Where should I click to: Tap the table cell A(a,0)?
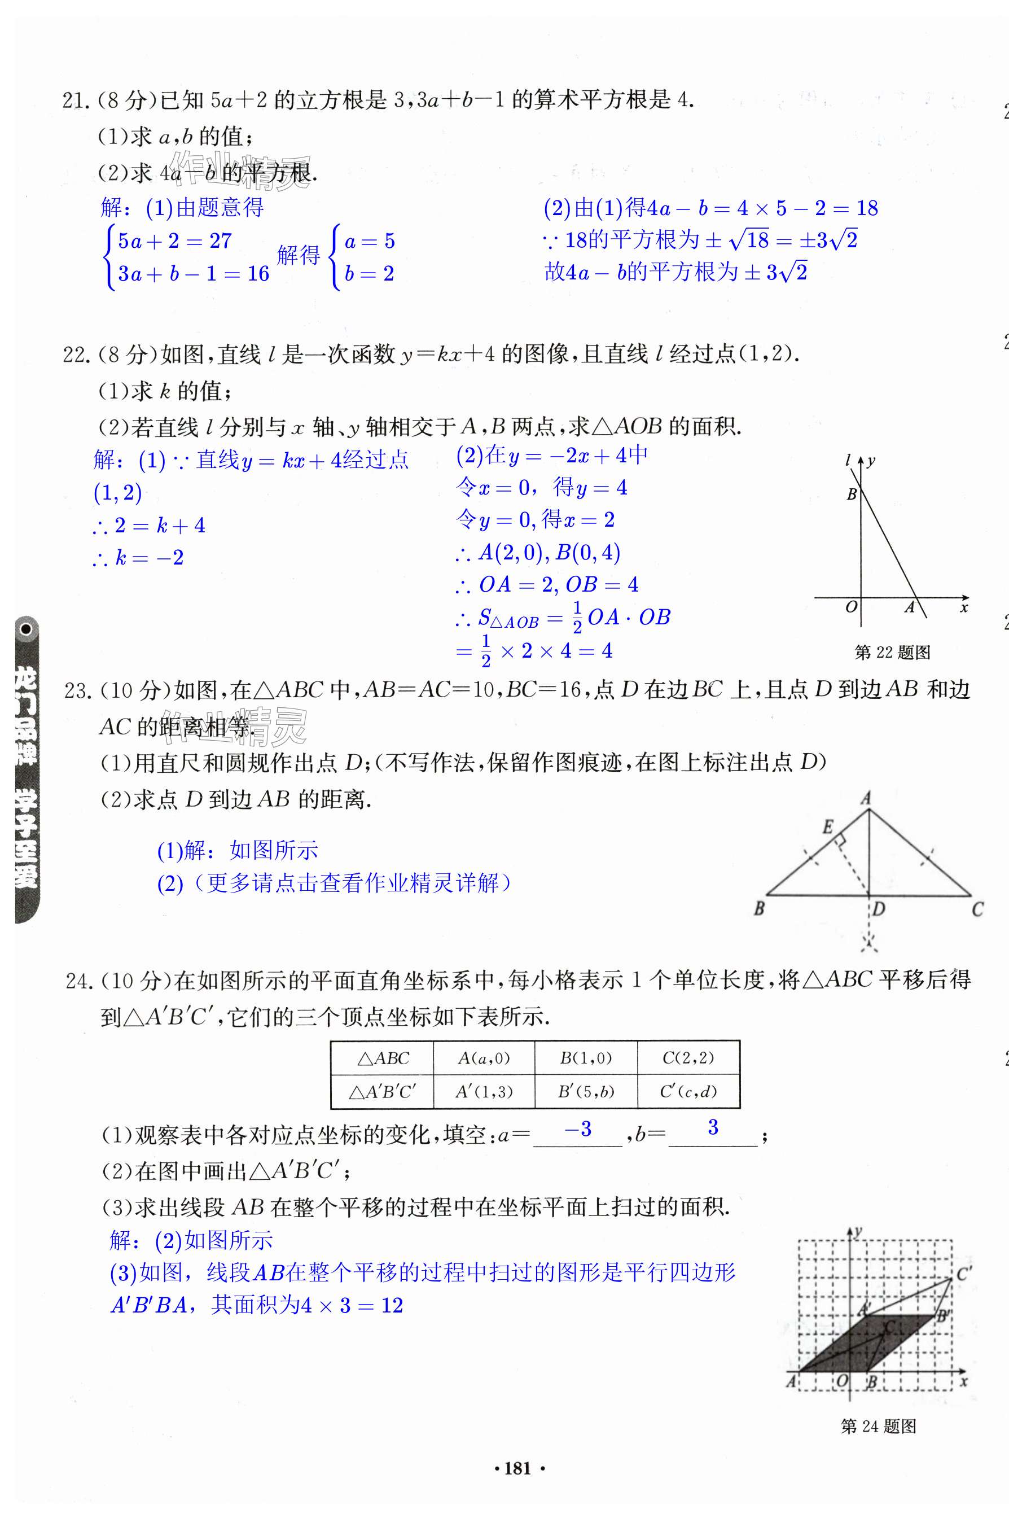(484, 1058)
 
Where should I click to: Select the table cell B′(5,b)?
(586, 1091)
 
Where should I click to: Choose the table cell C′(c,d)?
(688, 1091)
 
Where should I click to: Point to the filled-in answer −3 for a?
(577, 1129)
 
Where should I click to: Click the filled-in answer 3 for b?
(713, 1127)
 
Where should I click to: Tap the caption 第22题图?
(892, 653)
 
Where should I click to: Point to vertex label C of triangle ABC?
(977, 909)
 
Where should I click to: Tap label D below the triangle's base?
(879, 908)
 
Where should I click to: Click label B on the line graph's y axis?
(852, 495)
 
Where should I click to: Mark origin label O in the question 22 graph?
(850, 606)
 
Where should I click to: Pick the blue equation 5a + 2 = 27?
(174, 240)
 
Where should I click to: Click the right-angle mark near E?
(840, 841)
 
